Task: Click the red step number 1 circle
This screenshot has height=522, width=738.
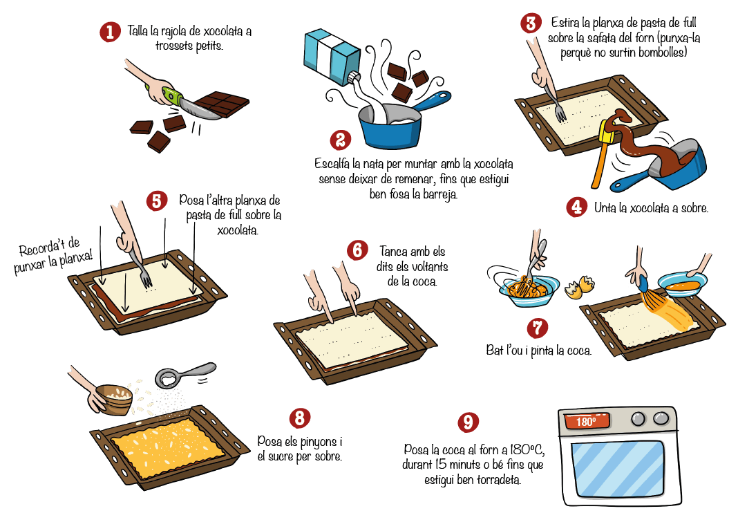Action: pyautogui.click(x=110, y=32)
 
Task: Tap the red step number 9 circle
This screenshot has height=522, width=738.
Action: pyautogui.click(x=468, y=422)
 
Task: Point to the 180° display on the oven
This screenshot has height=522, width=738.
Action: pyautogui.click(x=587, y=420)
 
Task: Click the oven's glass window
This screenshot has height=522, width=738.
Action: pyautogui.click(x=618, y=467)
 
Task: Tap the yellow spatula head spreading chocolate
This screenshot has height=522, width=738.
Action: pyautogui.click(x=607, y=131)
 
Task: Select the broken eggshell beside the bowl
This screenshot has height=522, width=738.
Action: pyautogui.click(x=579, y=288)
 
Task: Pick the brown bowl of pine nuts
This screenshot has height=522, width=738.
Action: pyautogui.click(x=115, y=400)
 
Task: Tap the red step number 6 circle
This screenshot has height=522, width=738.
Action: pyautogui.click(x=357, y=250)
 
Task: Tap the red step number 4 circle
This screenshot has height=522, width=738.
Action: pyautogui.click(x=576, y=207)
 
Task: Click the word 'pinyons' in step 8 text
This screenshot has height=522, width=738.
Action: pyautogui.click(x=318, y=442)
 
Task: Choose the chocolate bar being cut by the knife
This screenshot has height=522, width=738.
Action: pyautogui.click(x=221, y=104)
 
